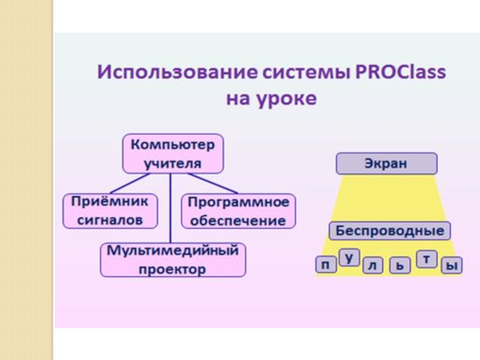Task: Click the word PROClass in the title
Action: click(401, 73)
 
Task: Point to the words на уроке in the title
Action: click(271, 98)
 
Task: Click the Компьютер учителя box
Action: click(173, 154)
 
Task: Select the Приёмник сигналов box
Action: click(110, 211)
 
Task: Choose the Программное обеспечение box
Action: click(238, 211)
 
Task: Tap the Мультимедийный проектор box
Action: click(173, 259)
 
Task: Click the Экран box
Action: click(386, 163)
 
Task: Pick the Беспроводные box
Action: click(389, 231)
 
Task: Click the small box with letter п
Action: click(326, 265)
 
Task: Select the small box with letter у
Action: click(349, 257)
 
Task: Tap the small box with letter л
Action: click(373, 265)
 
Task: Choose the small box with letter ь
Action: click(400, 265)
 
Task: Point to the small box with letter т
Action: click(426, 259)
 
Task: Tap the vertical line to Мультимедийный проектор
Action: click(172, 207)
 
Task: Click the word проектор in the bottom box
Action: click(173, 269)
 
